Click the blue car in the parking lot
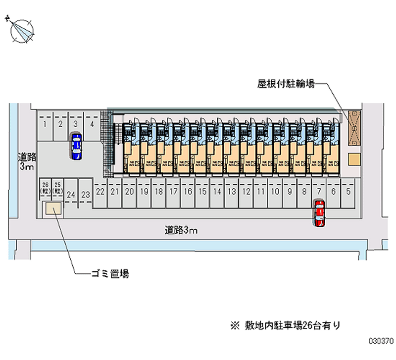tap(76, 147)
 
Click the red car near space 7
tap(319, 213)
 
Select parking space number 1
tap(45, 124)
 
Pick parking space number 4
tap(91, 124)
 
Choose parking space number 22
tap(100, 192)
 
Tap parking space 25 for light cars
tap(58, 187)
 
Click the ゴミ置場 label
tap(109, 273)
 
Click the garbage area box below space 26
tap(52, 209)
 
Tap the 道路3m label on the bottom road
tap(182, 230)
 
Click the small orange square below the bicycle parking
tap(354, 159)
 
